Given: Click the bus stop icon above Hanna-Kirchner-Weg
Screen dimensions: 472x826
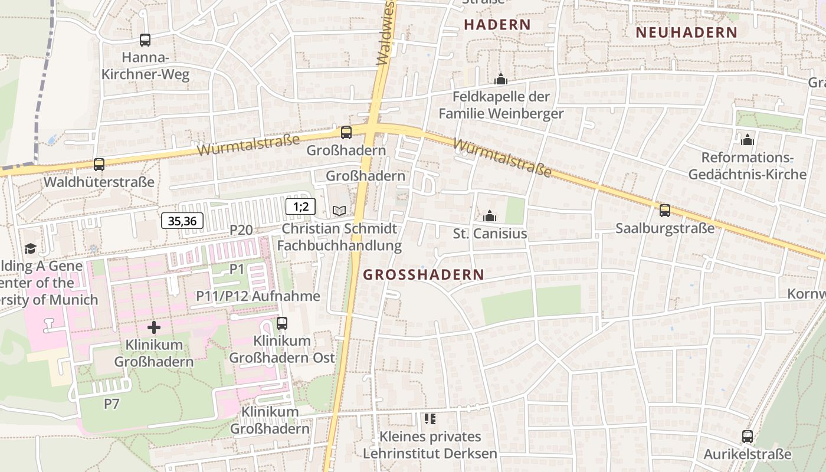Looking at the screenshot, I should coord(145,40).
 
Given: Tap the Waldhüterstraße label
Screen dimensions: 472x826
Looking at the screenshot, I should coord(99,182).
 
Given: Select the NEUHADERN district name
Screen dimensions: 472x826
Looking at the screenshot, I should coord(687,32).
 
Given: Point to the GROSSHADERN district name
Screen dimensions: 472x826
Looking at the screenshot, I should coord(423,274).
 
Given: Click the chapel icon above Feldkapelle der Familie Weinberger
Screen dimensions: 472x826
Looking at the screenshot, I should coord(501,78).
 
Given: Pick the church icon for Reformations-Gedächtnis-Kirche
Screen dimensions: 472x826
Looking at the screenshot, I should coord(748,140).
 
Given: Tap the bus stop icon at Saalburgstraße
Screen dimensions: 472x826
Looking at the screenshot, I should coord(665,211).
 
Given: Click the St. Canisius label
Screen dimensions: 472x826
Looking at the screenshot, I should coord(490,234).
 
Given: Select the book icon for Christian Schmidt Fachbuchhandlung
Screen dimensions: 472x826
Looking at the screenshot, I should coord(339,211).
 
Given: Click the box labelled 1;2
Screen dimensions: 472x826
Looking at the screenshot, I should coord(301,206).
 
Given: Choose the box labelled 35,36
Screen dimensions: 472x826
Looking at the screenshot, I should coord(182,221).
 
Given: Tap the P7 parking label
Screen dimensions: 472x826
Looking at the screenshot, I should coord(112,404).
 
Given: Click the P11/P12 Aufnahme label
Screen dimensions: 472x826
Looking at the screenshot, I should coord(258,296).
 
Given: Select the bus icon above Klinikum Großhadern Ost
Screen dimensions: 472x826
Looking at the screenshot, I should coord(282,323).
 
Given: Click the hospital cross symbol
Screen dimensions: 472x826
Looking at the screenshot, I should coord(154,327).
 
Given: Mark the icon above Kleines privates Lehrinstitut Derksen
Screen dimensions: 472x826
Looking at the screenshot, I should coord(430,419).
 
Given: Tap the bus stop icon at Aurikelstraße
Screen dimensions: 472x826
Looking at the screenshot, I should coord(748,437).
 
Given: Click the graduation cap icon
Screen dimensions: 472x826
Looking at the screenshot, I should coord(30,249).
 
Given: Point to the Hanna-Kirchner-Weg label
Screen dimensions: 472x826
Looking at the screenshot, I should coord(146,66).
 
